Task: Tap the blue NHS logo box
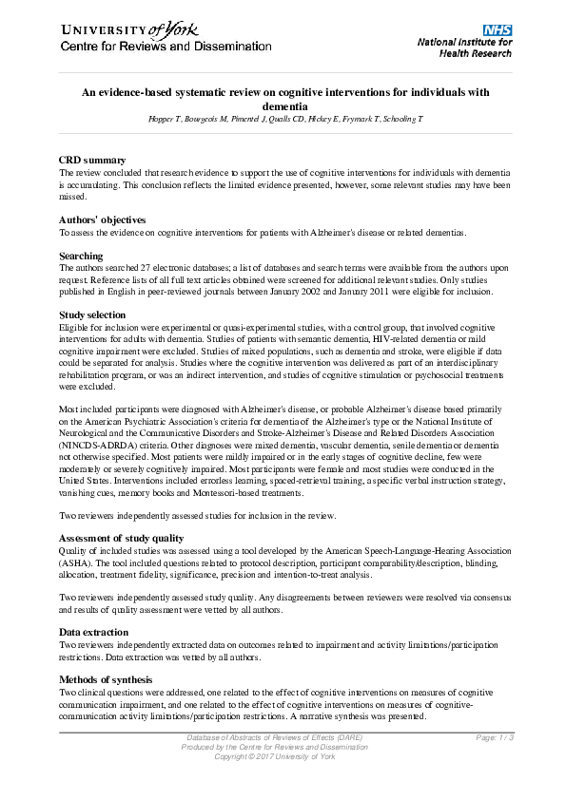point(498,30)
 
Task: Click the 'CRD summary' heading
point(92,160)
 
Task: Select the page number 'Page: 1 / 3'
point(496,738)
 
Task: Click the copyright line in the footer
point(276,755)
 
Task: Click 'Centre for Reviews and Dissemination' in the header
point(166,47)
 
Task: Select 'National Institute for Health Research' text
point(465,48)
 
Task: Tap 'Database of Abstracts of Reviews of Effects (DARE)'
point(274,738)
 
